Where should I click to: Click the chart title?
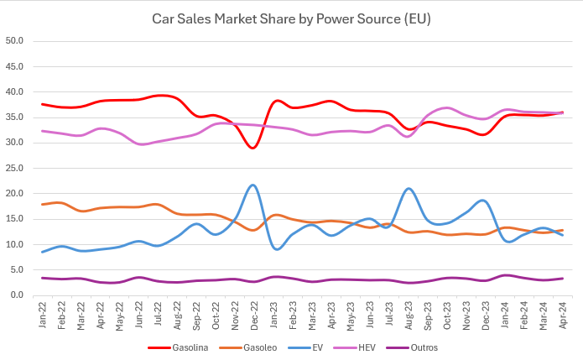(x=291, y=18)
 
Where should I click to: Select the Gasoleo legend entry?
(x=244, y=347)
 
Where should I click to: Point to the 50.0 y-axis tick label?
(x=15, y=40)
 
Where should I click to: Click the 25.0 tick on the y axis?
(x=15, y=168)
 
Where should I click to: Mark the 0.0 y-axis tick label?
(x=18, y=295)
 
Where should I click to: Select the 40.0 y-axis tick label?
(x=15, y=91)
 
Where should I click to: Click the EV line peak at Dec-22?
(x=253, y=185)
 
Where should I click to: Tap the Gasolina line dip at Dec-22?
(x=253, y=148)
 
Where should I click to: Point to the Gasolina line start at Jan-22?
(x=43, y=104)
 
